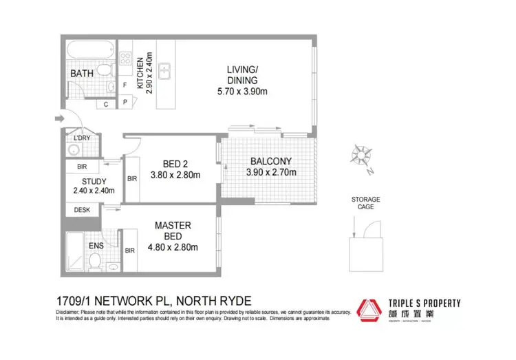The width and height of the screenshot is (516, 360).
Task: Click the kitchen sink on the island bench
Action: tap(164, 70)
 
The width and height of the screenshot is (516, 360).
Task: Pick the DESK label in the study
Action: tap(82, 210)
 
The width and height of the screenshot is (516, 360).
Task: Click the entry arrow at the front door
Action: tap(58, 119)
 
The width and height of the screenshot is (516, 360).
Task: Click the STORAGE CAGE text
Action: tap(365, 204)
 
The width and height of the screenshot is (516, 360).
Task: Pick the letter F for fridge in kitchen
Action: tap(125, 85)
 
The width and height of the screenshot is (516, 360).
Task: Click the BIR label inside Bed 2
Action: tap(131, 178)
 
